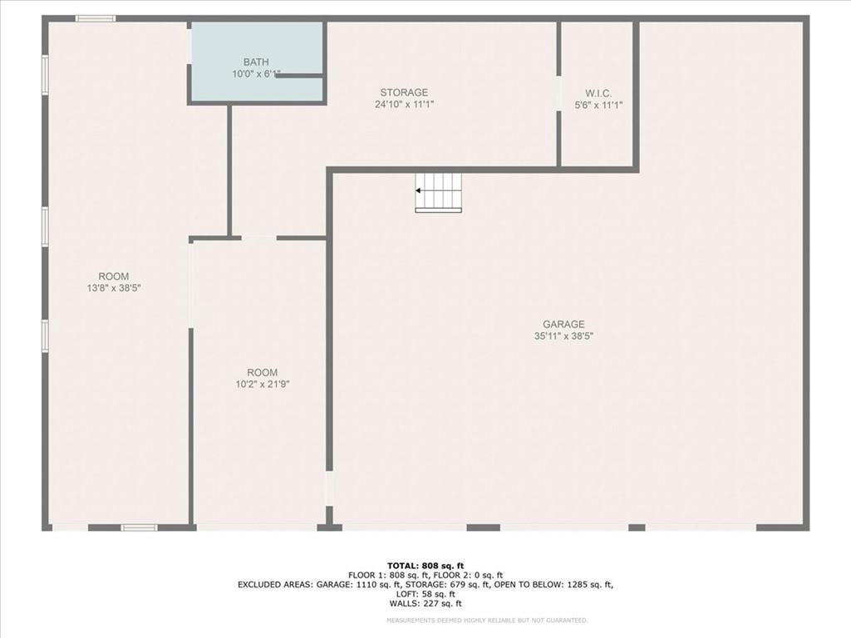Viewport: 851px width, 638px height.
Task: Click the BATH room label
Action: coord(256,62)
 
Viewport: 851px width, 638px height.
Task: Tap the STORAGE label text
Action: coord(404,93)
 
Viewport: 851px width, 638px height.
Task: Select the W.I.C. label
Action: coord(598,94)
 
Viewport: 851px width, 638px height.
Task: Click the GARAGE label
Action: coord(563,325)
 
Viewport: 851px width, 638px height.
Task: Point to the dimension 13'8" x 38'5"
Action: coord(114,288)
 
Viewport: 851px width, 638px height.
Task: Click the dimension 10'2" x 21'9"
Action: coord(262,385)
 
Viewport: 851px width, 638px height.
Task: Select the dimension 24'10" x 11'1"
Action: coord(405,105)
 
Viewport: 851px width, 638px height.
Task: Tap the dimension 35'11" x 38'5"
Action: coord(563,336)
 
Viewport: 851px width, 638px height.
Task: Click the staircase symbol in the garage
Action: coord(439,193)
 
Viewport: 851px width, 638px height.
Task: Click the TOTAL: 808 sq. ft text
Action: coord(425,567)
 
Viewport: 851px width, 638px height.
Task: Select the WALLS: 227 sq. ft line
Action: coord(425,604)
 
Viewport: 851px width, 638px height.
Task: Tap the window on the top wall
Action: coord(96,19)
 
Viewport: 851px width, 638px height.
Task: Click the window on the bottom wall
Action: coord(139,528)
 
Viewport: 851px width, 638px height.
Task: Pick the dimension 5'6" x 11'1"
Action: coord(598,106)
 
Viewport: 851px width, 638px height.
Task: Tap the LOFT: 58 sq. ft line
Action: coord(425,595)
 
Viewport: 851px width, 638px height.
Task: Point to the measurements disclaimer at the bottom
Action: coord(487,620)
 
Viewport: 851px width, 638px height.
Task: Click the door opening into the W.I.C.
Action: coord(558,93)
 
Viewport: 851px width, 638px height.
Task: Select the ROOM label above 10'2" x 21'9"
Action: coord(262,373)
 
